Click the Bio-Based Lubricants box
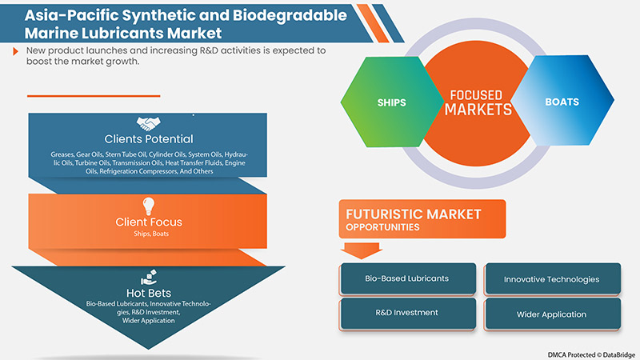(407, 278)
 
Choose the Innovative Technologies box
(551, 279)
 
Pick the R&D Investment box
(407, 314)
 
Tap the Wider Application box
(551, 314)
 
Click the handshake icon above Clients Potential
(147, 123)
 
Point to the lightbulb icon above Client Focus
(147, 205)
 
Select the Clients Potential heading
(147, 139)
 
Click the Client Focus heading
(147, 221)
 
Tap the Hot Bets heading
(147, 293)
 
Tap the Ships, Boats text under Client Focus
(147, 234)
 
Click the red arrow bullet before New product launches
(16, 50)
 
